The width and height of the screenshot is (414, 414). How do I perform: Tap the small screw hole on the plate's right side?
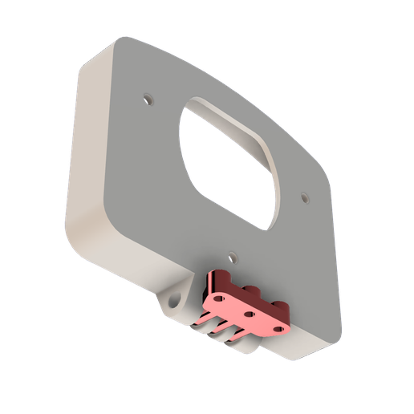tap(304, 196)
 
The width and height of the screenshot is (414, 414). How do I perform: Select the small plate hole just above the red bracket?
tap(232, 258)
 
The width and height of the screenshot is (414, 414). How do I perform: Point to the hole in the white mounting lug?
tap(172, 302)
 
